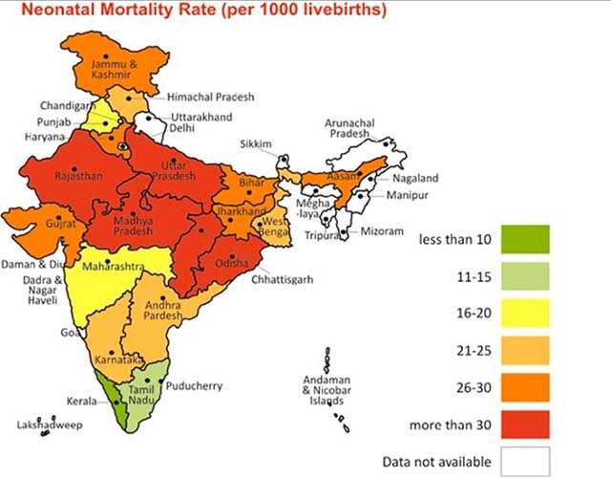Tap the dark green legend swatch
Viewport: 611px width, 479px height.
point(521,238)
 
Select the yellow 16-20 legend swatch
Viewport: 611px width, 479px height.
point(521,313)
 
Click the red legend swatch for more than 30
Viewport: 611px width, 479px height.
point(521,423)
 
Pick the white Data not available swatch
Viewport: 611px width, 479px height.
point(521,458)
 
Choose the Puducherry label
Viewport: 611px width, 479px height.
point(194,386)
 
